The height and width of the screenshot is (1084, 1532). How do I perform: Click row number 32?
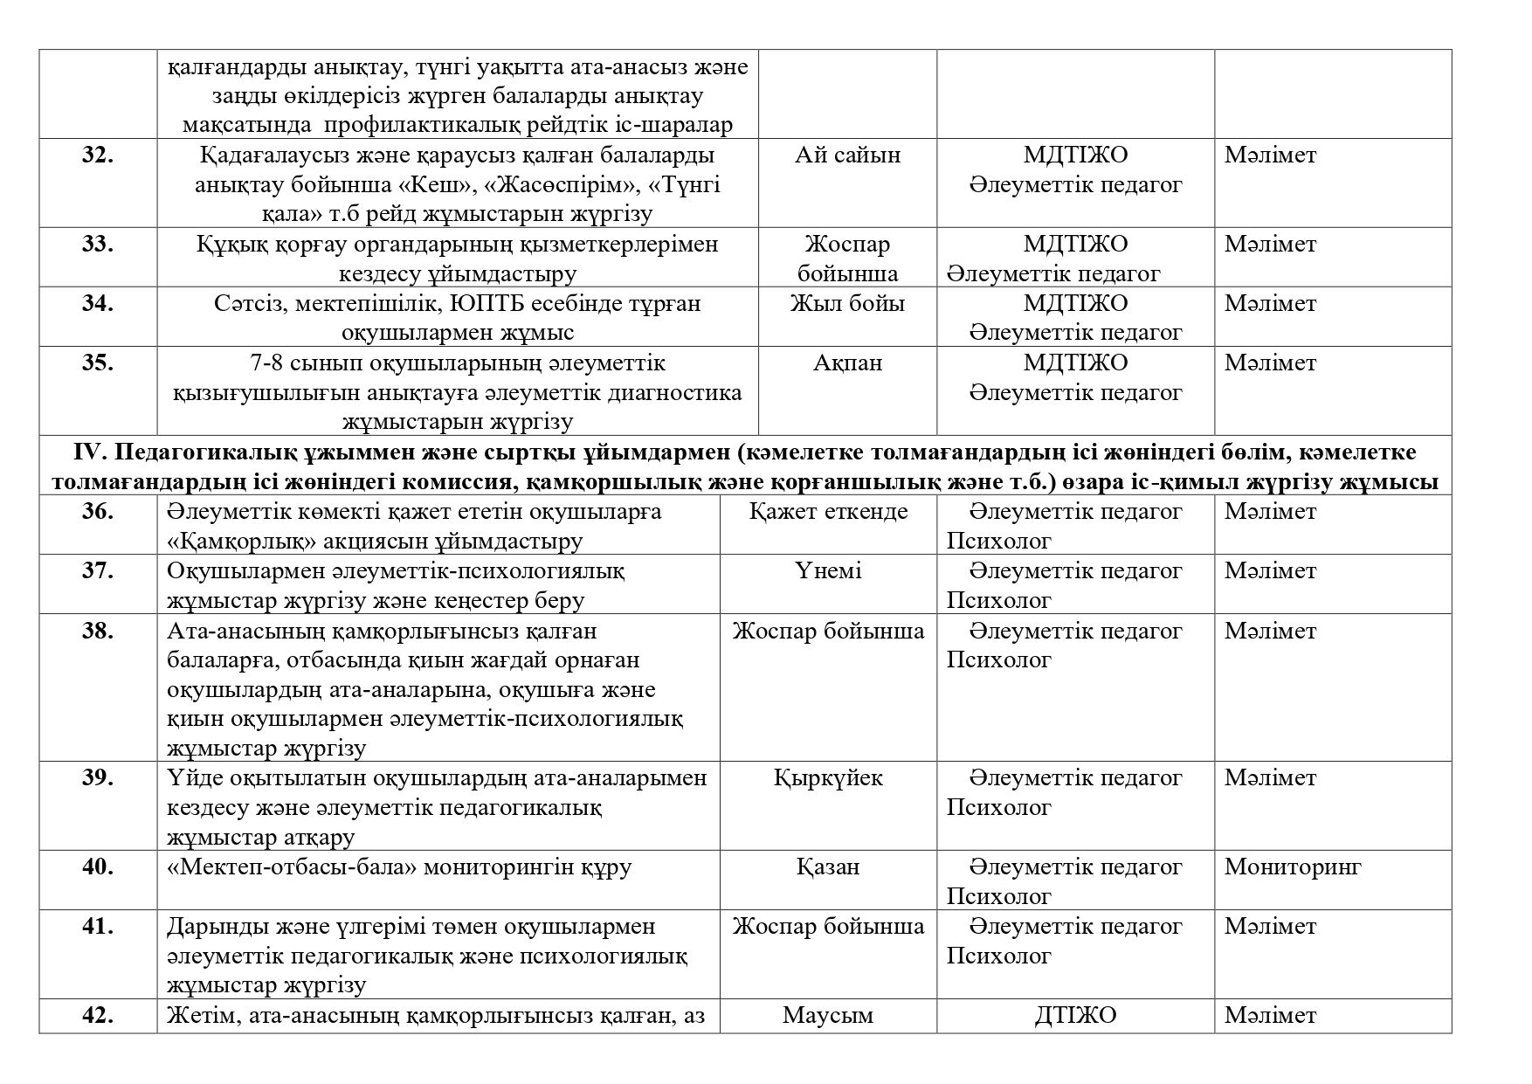(x=98, y=155)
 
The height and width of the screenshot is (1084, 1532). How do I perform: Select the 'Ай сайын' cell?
(x=847, y=155)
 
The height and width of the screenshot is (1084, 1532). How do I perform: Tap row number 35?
(x=98, y=363)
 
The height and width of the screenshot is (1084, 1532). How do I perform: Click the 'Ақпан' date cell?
(x=847, y=363)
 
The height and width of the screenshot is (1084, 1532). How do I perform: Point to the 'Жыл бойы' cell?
(x=847, y=304)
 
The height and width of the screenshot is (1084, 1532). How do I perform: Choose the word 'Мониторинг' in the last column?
(x=1293, y=867)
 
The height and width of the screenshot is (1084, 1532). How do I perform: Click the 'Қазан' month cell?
(x=828, y=867)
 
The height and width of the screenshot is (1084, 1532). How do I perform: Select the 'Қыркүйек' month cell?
(x=828, y=778)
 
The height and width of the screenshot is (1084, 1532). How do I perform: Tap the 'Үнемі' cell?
(x=828, y=571)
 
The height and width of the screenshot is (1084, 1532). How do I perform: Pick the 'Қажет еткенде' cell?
(x=828, y=512)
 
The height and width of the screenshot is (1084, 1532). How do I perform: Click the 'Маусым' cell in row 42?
(x=828, y=1016)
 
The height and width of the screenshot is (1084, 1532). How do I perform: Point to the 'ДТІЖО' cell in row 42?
(x=1075, y=1016)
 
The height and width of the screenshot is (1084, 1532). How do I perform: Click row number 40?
(x=98, y=867)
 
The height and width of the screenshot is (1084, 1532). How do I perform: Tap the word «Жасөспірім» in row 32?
(x=566, y=185)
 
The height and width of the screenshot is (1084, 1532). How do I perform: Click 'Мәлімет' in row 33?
(x=1270, y=245)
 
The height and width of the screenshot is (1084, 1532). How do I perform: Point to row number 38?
(x=98, y=632)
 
